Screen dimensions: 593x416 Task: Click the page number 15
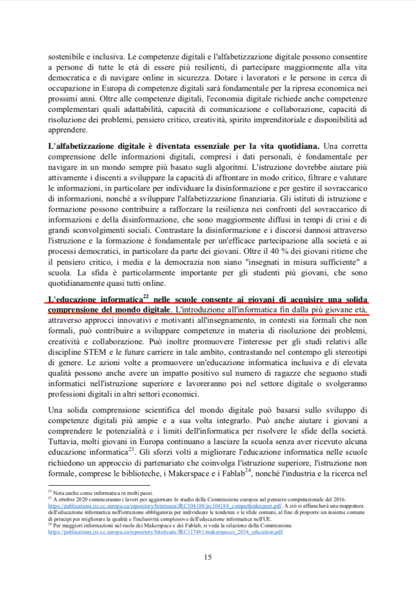coord(208,558)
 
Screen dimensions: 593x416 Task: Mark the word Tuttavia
coord(65,441)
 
